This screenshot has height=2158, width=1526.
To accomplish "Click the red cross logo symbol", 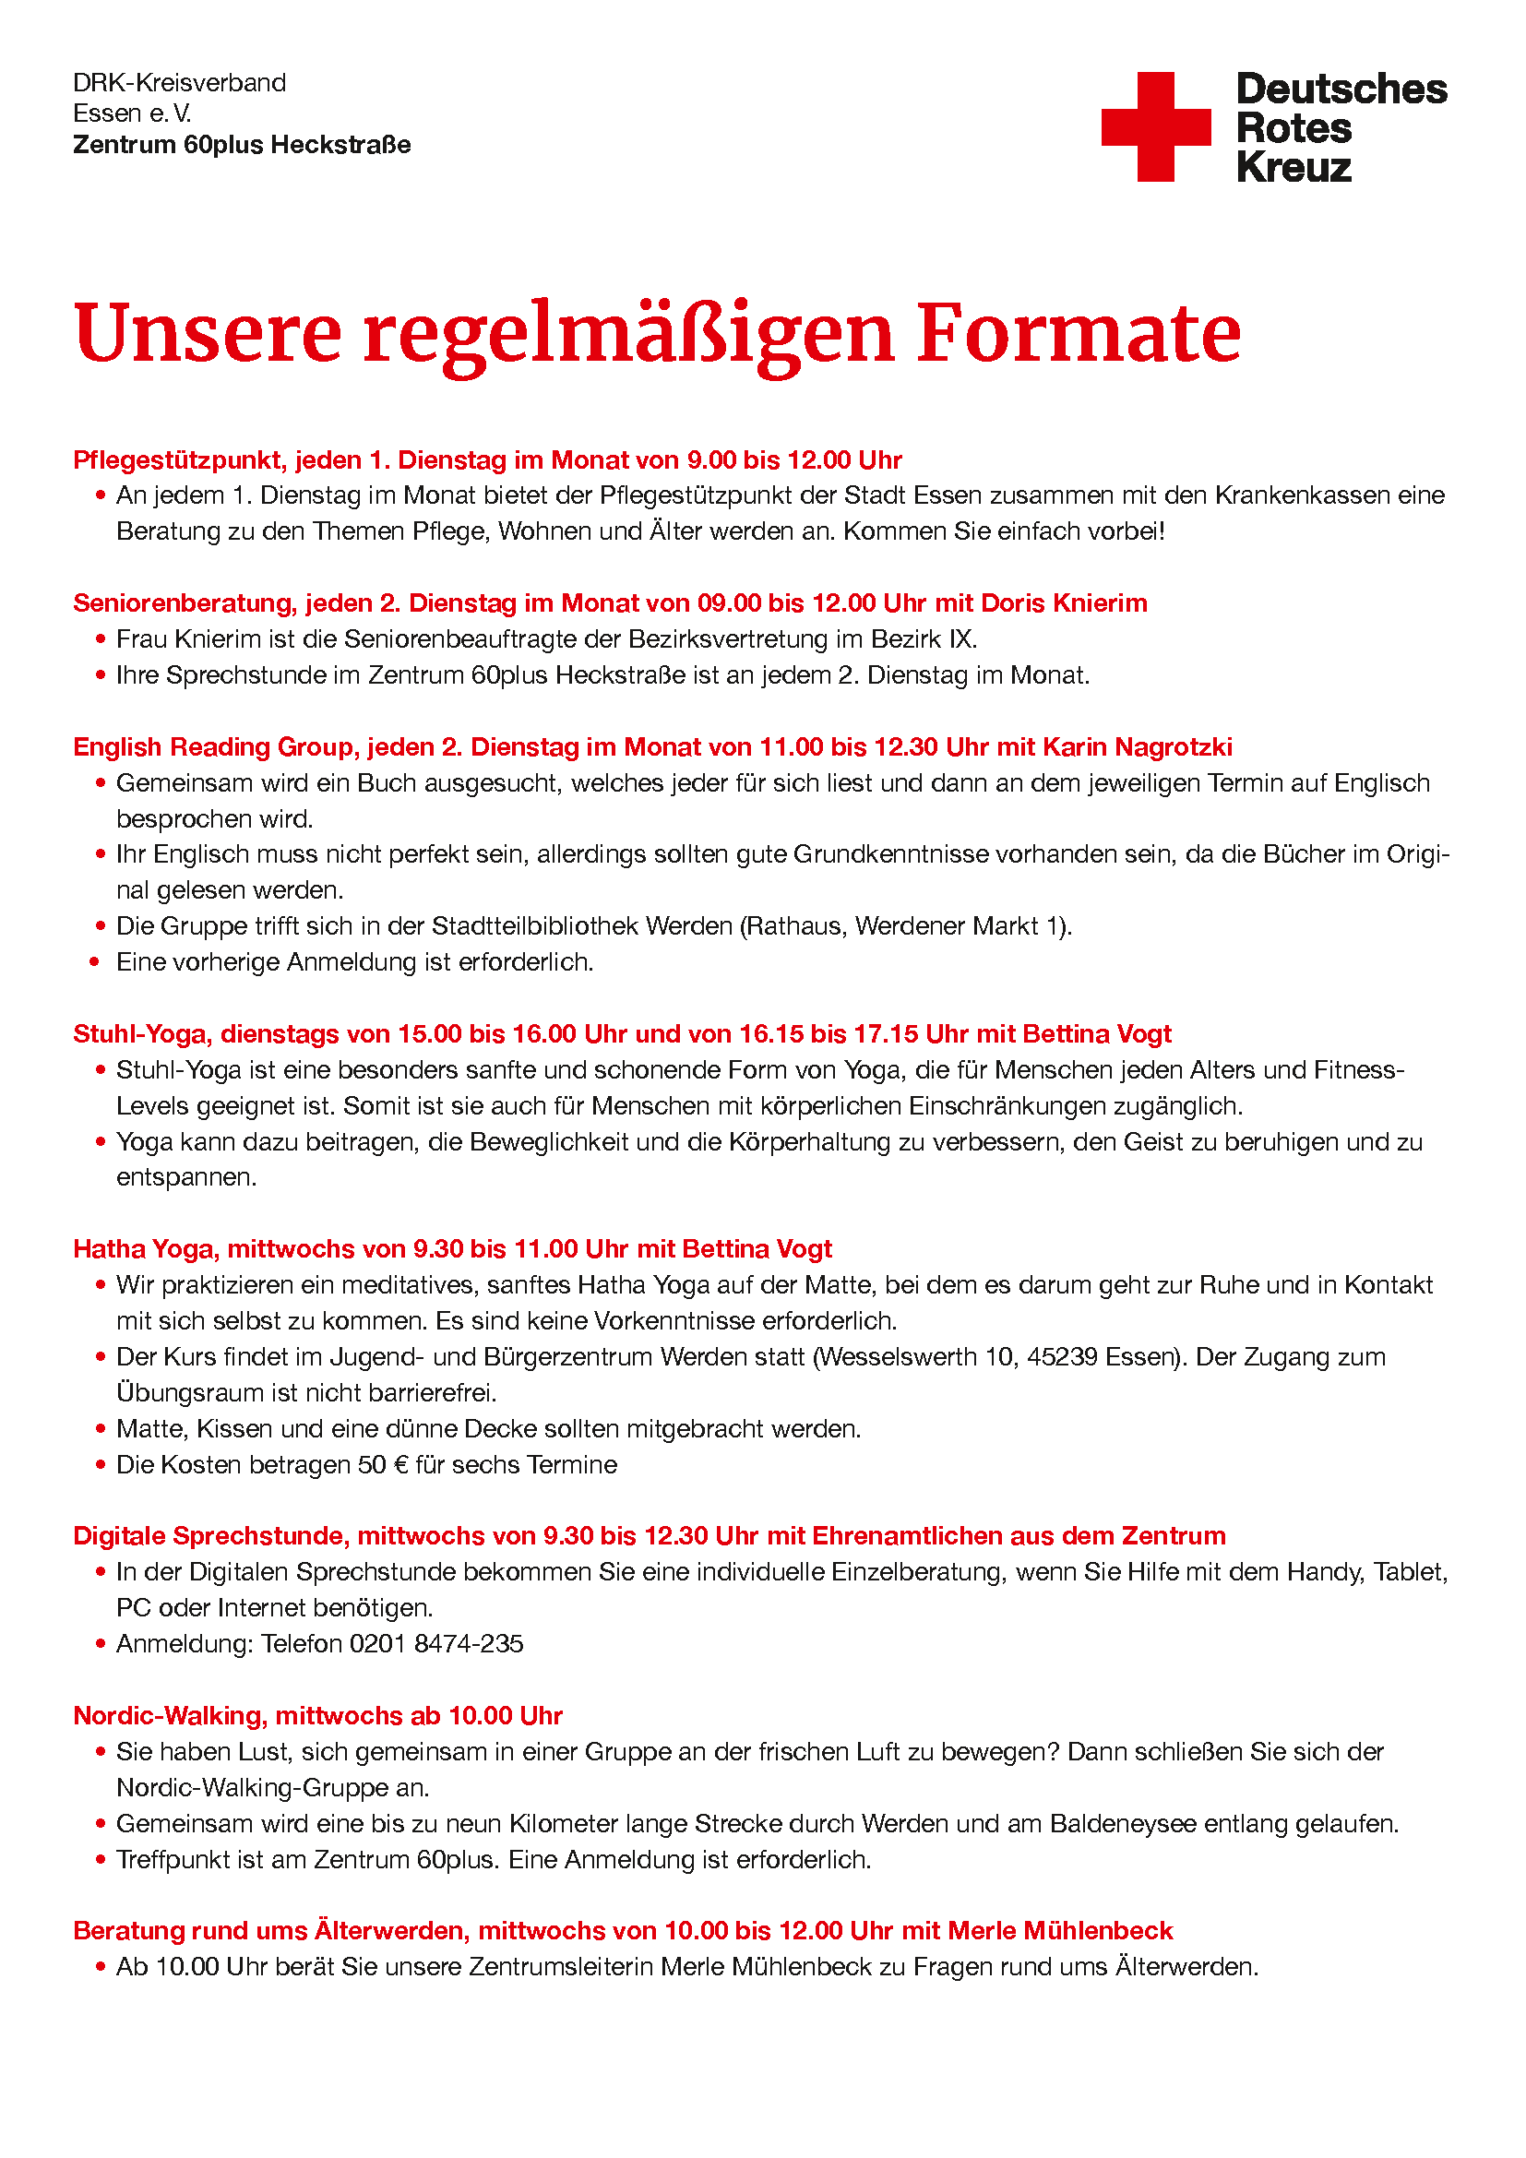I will tap(1156, 127).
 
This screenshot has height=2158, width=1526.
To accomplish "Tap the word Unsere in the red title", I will tap(207, 334).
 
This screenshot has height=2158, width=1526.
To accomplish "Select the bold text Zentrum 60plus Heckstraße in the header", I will tap(242, 145).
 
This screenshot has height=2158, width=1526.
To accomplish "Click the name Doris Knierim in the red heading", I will tap(1064, 603).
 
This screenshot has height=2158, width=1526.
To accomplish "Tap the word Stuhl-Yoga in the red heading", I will tap(142, 1034).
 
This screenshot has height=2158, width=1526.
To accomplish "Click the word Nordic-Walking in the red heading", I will tap(170, 1716).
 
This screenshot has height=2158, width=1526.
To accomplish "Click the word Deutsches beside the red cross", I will tap(1341, 89).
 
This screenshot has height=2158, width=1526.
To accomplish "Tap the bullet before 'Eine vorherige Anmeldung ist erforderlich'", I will tap(95, 962).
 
